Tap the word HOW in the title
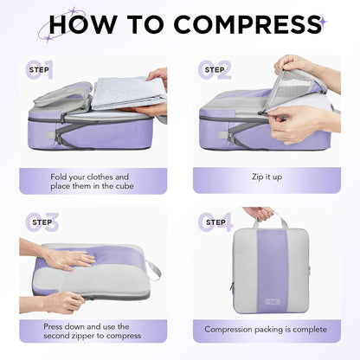point(86,23)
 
